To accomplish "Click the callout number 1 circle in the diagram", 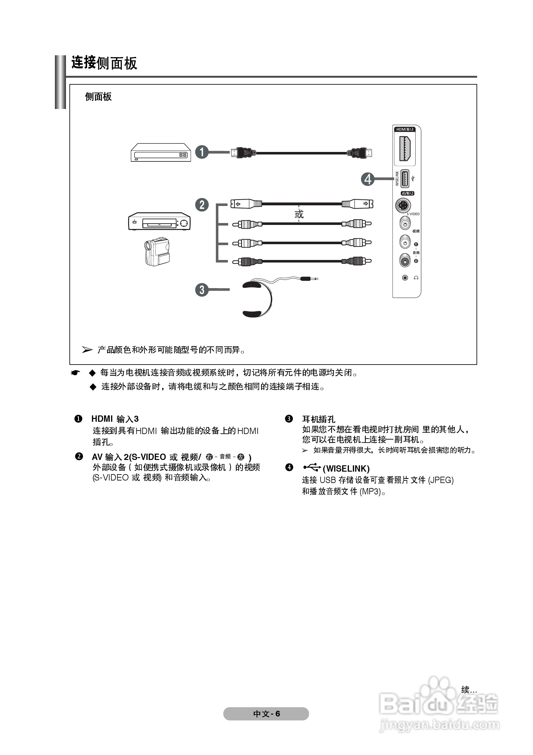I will pyautogui.click(x=202, y=152).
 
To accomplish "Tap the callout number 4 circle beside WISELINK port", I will pyautogui.click(x=368, y=179).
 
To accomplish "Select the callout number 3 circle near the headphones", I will pyautogui.click(x=202, y=290).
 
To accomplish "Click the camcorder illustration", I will pyautogui.click(x=157, y=251).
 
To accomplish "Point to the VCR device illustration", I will pyautogui.click(x=159, y=221).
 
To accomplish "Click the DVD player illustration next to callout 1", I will pyautogui.click(x=161, y=153).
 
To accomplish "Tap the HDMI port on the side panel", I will pyautogui.click(x=405, y=148).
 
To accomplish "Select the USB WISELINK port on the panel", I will pyautogui.click(x=405, y=179).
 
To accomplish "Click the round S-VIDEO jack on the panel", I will pyautogui.click(x=403, y=206).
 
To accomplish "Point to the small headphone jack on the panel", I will pyautogui.click(x=405, y=278).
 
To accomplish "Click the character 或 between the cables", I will pyautogui.click(x=299, y=214).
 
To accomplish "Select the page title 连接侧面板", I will pyautogui.click(x=104, y=63).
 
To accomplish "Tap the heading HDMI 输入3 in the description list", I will pyautogui.click(x=115, y=419).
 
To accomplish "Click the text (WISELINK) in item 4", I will pyautogui.click(x=346, y=468).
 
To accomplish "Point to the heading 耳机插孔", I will pyautogui.click(x=318, y=419).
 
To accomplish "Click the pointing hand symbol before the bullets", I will pyautogui.click(x=76, y=373).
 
